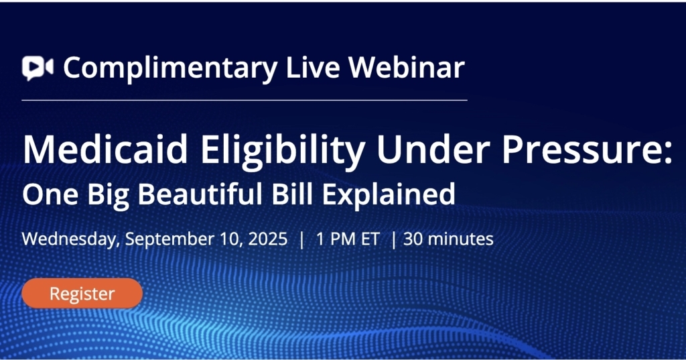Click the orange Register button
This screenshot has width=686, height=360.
(82, 293)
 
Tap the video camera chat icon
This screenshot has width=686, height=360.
(38, 68)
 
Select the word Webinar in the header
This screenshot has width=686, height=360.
(406, 67)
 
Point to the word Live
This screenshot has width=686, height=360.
(312, 67)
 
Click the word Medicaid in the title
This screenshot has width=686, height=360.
(105, 149)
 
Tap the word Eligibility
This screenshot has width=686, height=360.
(283, 151)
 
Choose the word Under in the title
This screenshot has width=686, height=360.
(433, 149)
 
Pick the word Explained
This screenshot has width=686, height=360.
(389, 196)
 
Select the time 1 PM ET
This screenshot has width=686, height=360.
(348, 239)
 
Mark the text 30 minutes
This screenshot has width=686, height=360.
(448, 239)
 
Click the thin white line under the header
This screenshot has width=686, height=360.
(245, 101)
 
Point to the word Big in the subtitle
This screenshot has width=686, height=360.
(108, 196)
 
